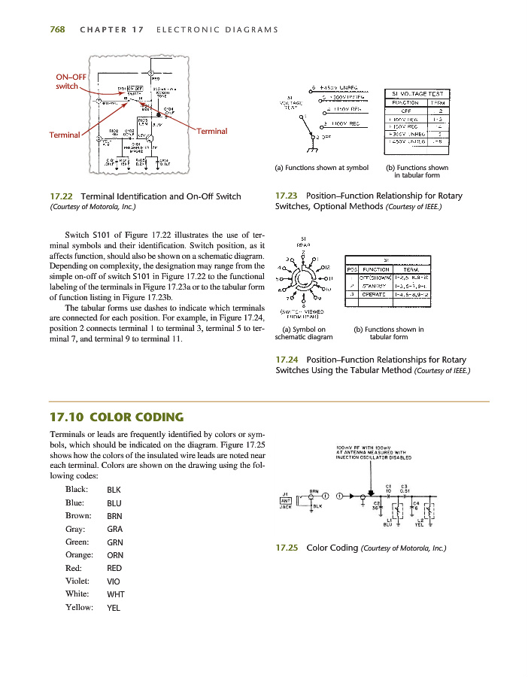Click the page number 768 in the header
pyautogui.click(x=57, y=30)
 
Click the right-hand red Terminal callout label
pyautogui.click(x=211, y=131)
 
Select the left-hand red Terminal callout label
pyautogui.click(x=65, y=135)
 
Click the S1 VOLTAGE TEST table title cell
pyautogui.click(x=416, y=92)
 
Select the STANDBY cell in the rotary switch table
pyautogui.click(x=374, y=286)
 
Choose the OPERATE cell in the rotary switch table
pyautogui.click(x=374, y=295)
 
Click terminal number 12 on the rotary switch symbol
pyautogui.click(x=326, y=266)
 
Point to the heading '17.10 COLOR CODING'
pyautogui.click(x=115, y=417)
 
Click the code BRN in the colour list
pyautogui.click(x=114, y=517)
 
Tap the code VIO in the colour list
pyautogui.click(x=113, y=581)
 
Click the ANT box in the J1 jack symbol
pyautogui.click(x=286, y=499)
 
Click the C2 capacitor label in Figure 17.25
pyautogui.click(x=377, y=502)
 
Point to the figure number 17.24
pyautogui.click(x=288, y=358)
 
